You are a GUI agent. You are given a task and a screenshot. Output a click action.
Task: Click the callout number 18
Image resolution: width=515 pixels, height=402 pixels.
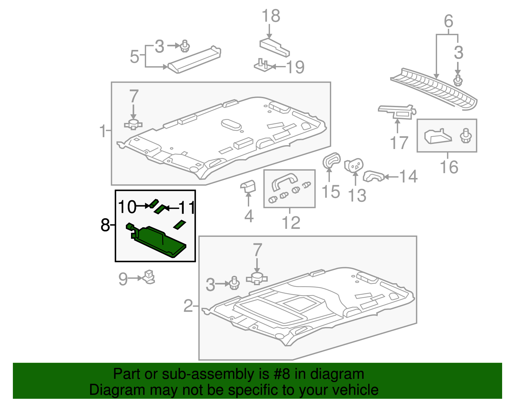click(271, 16)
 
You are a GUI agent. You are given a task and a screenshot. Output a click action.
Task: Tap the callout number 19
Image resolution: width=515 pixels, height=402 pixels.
click(295, 67)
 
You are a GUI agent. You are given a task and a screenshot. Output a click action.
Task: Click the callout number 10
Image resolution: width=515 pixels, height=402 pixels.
click(127, 207)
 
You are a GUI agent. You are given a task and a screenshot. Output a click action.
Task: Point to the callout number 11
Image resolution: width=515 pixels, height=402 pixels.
click(187, 208)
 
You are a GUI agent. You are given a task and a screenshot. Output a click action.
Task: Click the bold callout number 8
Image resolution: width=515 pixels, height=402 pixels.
click(105, 225)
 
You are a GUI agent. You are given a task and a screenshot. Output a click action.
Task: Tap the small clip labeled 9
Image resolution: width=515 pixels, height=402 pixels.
click(149, 277)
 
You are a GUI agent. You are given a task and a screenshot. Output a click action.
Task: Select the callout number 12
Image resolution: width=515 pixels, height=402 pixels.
click(291, 222)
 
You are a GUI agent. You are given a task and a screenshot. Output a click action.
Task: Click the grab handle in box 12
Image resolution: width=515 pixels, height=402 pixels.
click(284, 180)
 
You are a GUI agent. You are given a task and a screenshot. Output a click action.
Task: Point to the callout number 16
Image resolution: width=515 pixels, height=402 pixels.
click(449, 167)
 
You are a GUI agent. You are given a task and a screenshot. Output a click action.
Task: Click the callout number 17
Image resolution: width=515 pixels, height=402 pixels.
click(399, 143)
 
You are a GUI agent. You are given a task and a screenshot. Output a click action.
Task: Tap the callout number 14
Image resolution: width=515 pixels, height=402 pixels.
click(408, 176)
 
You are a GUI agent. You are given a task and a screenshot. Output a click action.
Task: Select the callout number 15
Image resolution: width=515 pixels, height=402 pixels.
click(331, 192)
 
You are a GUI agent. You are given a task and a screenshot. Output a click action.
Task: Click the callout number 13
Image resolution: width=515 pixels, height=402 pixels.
click(357, 195)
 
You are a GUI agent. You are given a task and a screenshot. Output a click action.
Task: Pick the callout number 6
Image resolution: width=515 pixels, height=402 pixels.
click(448, 21)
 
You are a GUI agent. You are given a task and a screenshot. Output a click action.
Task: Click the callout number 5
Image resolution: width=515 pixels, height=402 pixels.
click(134, 57)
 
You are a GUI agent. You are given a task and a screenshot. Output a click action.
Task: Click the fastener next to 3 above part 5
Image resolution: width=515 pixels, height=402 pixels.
click(184, 46)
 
